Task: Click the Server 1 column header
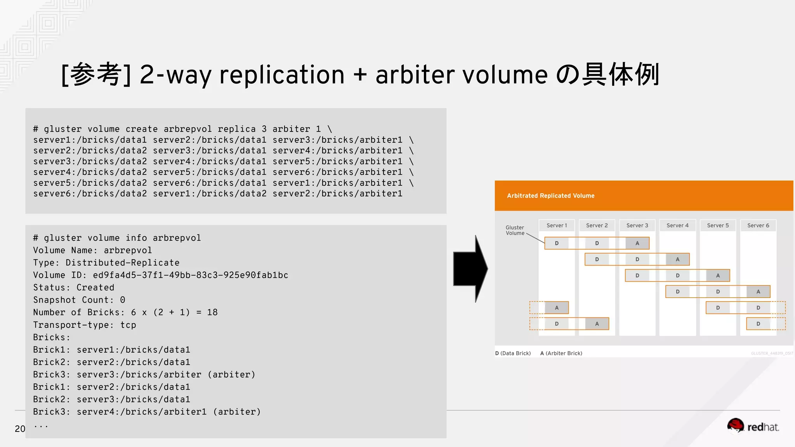pos(557,225)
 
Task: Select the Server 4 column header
pos(677,225)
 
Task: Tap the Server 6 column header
pos(758,225)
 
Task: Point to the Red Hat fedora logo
pos(735,426)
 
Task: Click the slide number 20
pos(20,429)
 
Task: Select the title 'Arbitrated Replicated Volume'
pos(550,196)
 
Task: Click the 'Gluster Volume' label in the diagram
pos(515,230)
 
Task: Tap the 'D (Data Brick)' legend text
pos(513,353)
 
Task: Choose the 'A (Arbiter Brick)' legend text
pos(561,353)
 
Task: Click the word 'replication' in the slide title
pos(282,74)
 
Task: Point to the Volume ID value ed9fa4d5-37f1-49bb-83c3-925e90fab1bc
pos(190,275)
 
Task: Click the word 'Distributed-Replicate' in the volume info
pos(122,263)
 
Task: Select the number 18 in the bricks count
pos(212,312)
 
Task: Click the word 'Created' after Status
pos(95,288)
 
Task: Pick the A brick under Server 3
pos(637,243)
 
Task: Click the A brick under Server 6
pos(758,291)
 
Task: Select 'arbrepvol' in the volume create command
pos(187,129)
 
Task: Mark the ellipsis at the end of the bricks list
pos(41,426)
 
